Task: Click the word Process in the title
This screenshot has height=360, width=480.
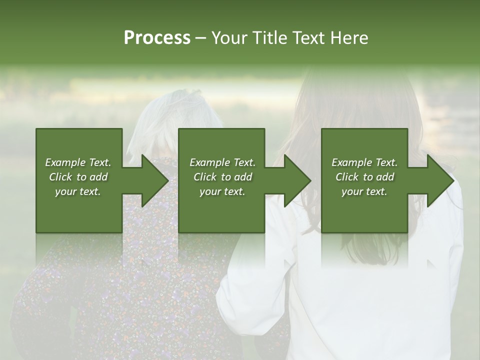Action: click(157, 38)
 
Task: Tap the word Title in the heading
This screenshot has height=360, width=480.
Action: click(270, 38)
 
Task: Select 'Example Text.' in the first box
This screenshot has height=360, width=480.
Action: click(78, 162)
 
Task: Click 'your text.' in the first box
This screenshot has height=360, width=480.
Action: click(78, 191)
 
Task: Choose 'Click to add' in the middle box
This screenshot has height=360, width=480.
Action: click(222, 177)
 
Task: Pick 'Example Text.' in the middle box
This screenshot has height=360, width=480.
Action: click(222, 162)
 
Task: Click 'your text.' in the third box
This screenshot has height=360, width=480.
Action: click(364, 191)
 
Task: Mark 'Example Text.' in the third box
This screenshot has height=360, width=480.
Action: click(364, 162)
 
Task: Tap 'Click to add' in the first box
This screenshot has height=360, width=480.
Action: click(78, 177)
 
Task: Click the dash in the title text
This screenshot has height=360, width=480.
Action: click(200, 38)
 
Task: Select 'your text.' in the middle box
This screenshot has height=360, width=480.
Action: click(222, 191)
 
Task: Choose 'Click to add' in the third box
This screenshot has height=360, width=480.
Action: click(364, 177)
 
